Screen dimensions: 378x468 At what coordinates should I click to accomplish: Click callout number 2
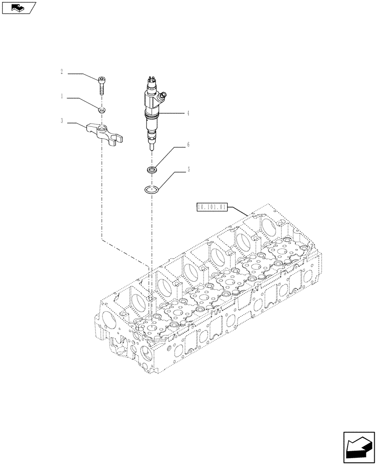[61, 72]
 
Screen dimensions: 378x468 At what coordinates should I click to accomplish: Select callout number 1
[61, 96]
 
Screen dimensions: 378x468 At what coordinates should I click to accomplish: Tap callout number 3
[61, 121]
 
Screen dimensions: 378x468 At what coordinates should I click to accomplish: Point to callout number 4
[188, 113]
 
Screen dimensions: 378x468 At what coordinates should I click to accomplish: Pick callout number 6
[188, 145]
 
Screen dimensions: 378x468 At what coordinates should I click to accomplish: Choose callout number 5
[188, 170]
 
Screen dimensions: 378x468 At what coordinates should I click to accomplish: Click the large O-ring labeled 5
[152, 190]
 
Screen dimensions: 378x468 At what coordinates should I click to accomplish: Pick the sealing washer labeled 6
[152, 169]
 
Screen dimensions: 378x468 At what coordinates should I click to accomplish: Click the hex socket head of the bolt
[102, 78]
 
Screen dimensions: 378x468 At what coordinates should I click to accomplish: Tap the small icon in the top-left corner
[18, 7]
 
